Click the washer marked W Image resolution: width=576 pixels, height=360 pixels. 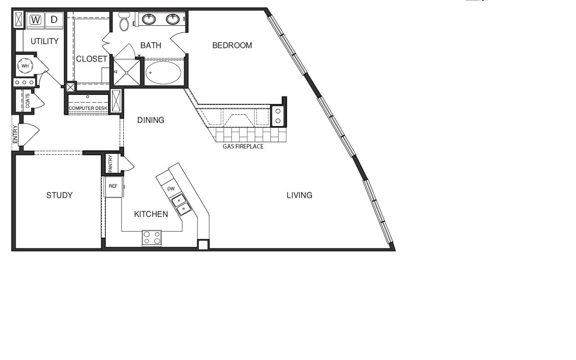36,20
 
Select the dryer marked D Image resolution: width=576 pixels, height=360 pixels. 54,20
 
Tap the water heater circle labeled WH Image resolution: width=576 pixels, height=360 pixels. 25,66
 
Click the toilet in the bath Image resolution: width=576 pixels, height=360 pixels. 124,22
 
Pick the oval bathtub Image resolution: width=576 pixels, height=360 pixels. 163,72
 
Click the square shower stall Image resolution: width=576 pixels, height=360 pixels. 127,73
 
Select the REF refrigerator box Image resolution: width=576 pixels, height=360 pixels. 113,187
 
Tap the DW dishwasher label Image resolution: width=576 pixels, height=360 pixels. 171,189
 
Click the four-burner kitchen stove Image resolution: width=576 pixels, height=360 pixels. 152,238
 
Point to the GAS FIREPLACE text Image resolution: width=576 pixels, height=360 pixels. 243,147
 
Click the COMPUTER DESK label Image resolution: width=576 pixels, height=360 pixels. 88,108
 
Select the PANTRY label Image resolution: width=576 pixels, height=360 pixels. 111,163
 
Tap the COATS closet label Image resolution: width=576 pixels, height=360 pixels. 27,101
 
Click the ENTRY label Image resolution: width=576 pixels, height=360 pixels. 15,135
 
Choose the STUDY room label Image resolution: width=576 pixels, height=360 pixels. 59,195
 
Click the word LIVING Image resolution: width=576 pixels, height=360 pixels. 300,195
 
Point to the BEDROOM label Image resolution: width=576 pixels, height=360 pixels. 232,45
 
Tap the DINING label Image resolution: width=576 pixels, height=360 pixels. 151,120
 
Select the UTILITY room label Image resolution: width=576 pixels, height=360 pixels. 45,41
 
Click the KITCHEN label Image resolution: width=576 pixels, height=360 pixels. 151,214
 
